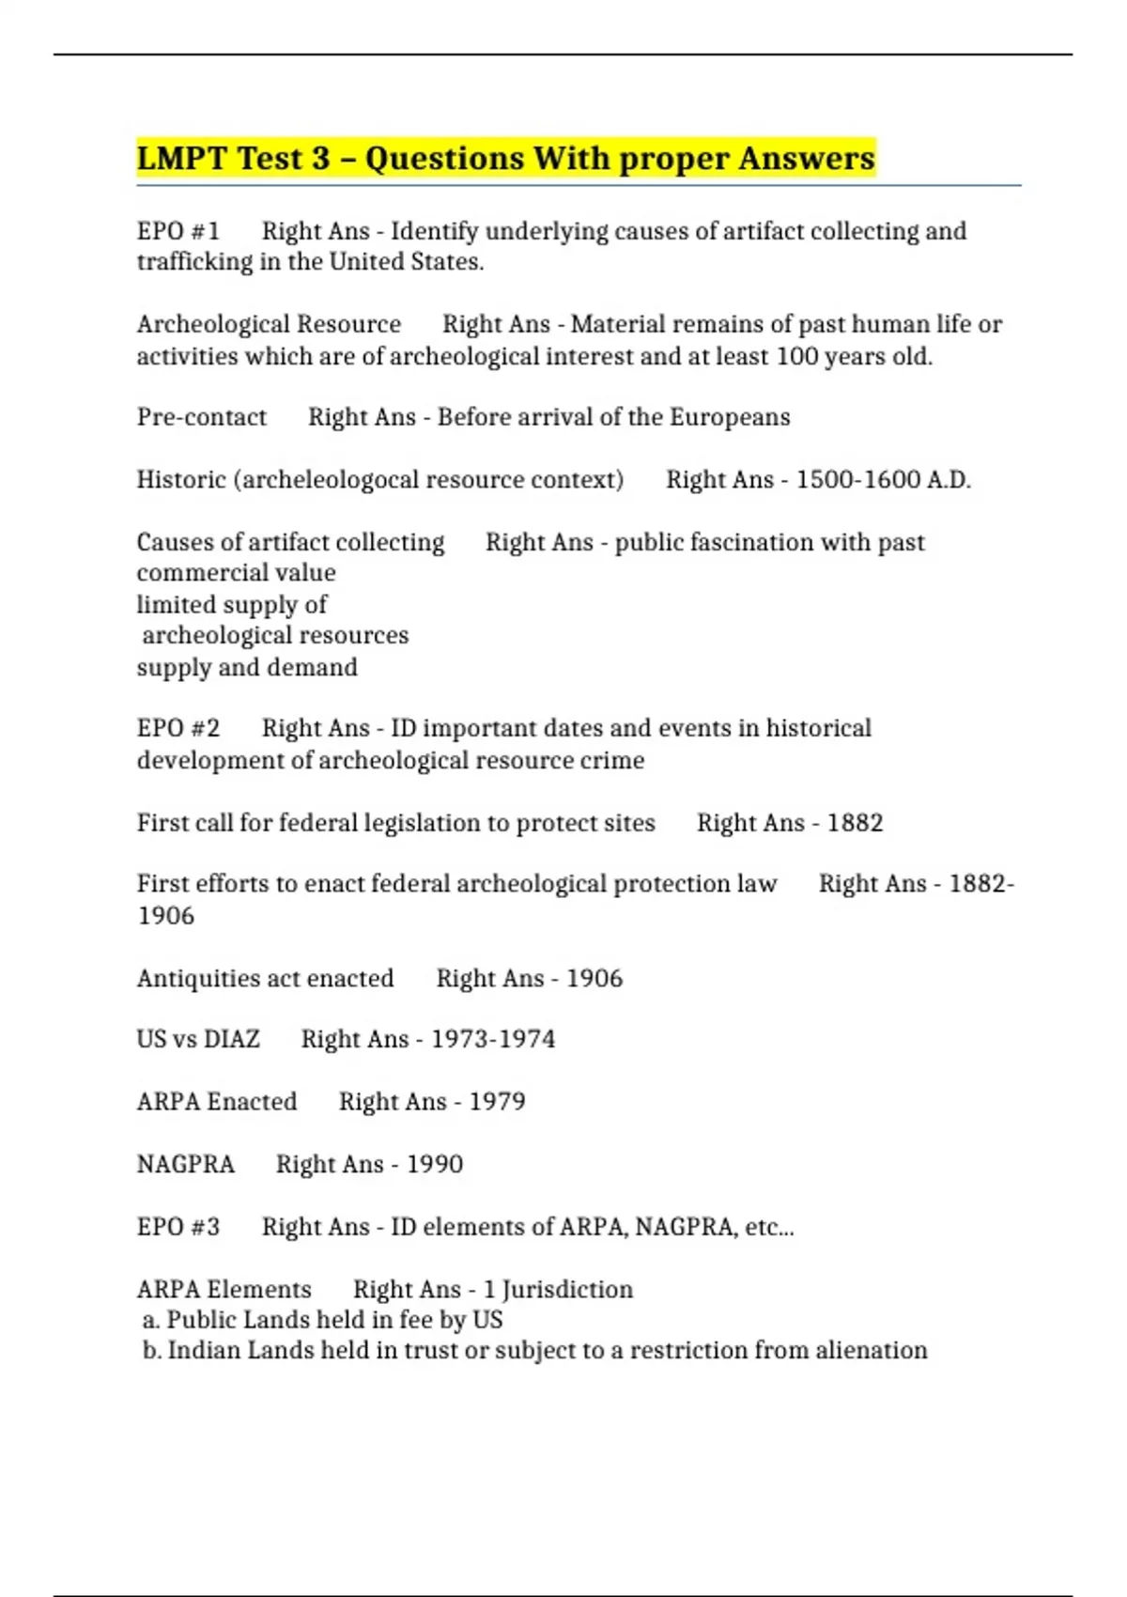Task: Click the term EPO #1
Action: point(178,231)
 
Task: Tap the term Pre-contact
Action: point(201,417)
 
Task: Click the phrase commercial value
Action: point(236,573)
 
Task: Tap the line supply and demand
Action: point(247,668)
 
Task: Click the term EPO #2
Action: point(178,728)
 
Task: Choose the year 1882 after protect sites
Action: point(855,823)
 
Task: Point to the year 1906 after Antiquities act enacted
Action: point(594,979)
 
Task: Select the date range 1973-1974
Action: point(492,1039)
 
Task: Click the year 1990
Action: point(434,1165)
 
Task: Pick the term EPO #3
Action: point(178,1227)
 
